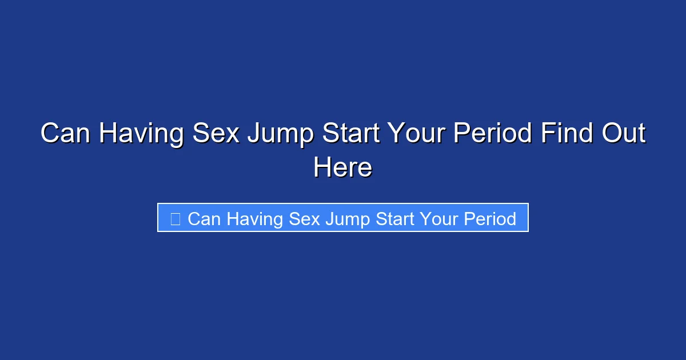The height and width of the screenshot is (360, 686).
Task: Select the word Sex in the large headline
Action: pyautogui.click(x=215, y=134)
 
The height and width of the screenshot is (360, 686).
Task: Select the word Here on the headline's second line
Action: pyautogui.click(x=343, y=168)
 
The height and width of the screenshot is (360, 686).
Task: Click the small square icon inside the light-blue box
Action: pyautogui.click(x=176, y=219)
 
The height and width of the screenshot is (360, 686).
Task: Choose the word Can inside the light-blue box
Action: pyautogui.click(x=204, y=219)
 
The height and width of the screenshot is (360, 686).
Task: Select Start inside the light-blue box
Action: pyautogui.click(x=395, y=219)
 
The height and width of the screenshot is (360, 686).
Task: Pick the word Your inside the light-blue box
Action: pyautogui.click(x=439, y=219)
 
